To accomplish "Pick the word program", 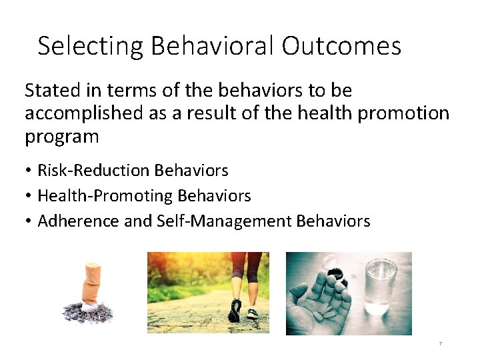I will (x=61, y=137).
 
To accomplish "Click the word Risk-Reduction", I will (x=94, y=171).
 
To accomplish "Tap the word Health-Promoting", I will (x=105, y=196).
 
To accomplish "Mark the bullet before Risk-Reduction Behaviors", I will (x=29, y=171).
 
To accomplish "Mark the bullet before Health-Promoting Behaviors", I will (x=29, y=196).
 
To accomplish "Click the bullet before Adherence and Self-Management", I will (x=29, y=221).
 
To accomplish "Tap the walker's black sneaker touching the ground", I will (x=235, y=310).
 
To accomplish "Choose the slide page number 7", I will (x=441, y=344).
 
